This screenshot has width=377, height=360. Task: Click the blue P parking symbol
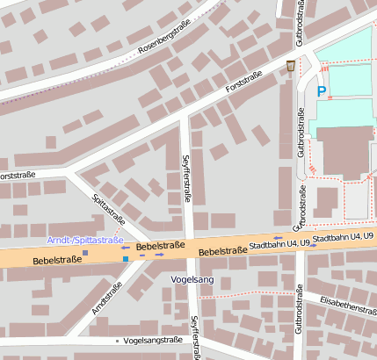[x=322, y=91]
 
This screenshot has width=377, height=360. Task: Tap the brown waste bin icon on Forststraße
[x=291, y=67]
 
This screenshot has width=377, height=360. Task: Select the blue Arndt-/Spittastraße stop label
[x=84, y=240]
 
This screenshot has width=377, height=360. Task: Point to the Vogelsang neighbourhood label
[x=194, y=279]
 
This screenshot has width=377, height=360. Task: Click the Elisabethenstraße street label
[x=348, y=306]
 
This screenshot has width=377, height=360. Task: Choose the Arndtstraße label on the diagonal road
[x=107, y=298]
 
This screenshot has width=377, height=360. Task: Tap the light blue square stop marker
[x=126, y=259]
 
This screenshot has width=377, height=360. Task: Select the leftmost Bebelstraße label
[x=57, y=260]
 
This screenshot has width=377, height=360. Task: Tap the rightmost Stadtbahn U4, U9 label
[x=344, y=238]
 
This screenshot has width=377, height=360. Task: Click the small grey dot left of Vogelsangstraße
[x=117, y=341]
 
